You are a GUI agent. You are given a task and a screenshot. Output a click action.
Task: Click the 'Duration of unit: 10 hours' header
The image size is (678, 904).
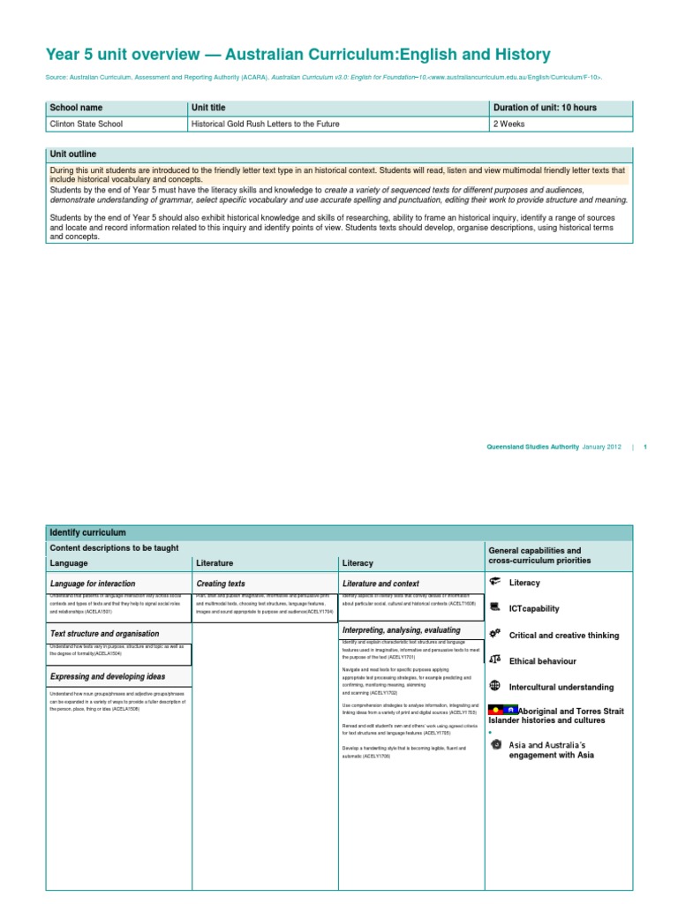545,108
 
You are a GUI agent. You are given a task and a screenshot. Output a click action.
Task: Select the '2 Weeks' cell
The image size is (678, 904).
509,124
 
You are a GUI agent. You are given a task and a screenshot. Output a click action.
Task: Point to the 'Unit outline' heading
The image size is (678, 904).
73,154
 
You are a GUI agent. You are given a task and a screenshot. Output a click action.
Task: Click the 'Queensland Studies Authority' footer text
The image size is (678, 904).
532,447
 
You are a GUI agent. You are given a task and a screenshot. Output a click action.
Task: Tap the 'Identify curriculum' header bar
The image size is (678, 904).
88,532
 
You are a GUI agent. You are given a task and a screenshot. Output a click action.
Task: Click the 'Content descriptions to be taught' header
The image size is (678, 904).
114,547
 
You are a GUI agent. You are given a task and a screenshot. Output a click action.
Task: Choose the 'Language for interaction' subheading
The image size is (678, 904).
93,584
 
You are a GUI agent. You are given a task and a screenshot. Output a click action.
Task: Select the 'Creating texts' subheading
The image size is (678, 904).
221,584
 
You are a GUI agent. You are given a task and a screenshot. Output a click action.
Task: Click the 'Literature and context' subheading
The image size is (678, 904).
380,584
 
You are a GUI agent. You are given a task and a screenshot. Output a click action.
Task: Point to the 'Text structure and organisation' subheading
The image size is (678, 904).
105,634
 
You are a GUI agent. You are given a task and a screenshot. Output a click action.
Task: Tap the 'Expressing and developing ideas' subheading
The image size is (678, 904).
108,676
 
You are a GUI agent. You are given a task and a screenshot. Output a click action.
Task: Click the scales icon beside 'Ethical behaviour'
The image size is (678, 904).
494,660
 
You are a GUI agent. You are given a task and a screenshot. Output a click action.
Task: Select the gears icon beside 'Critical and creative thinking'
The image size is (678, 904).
494,634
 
